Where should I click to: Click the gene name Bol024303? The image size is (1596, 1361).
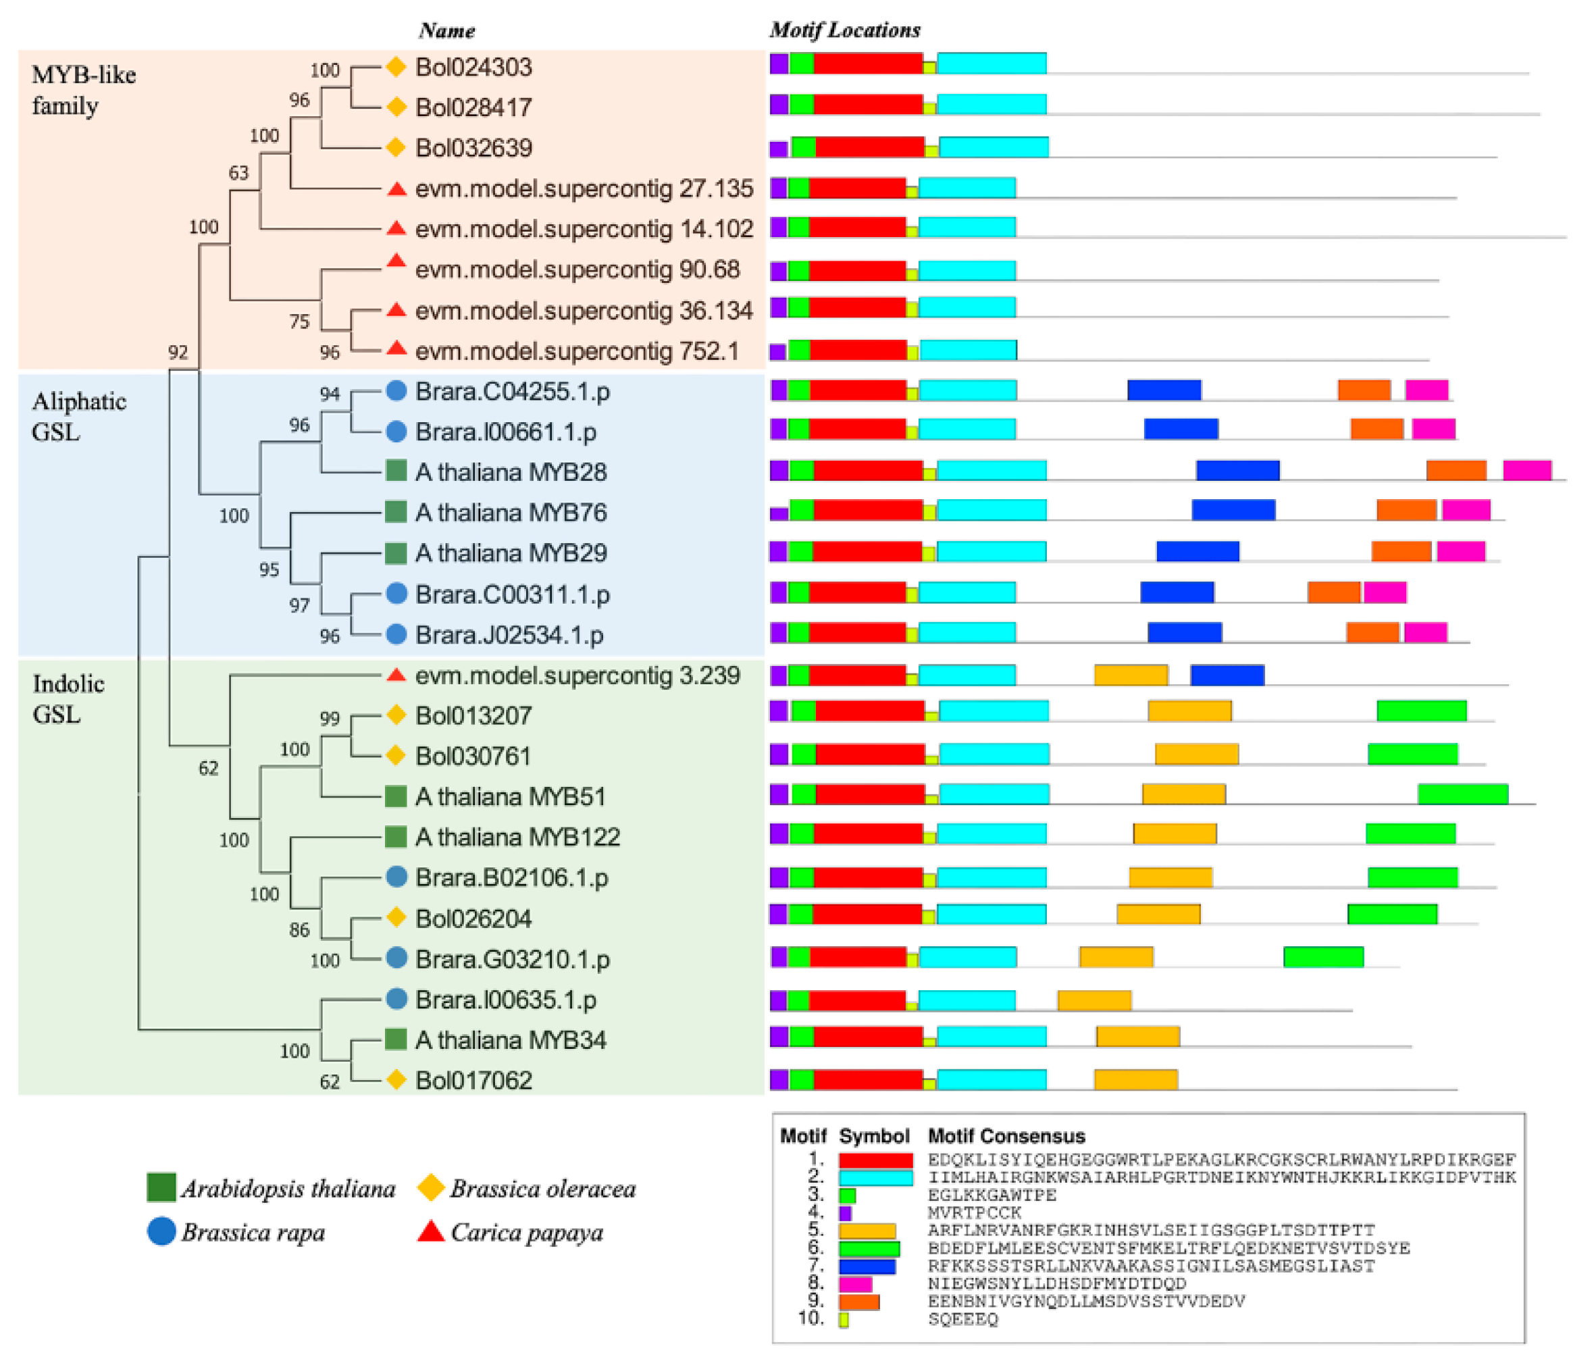pyautogui.click(x=473, y=68)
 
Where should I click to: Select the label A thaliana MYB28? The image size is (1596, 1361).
pyautogui.click(x=511, y=472)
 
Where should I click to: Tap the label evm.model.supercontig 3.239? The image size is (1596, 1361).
pyautogui.click(x=577, y=675)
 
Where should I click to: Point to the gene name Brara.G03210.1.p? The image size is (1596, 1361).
pyautogui.click(x=512, y=959)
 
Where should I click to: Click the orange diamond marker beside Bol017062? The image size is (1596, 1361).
pyautogui.click(x=396, y=1080)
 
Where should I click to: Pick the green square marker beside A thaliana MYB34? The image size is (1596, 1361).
pyautogui.click(x=396, y=1039)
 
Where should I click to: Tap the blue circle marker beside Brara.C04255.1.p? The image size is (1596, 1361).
pyautogui.click(x=396, y=391)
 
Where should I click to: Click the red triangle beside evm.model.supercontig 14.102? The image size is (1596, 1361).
pyautogui.click(x=396, y=229)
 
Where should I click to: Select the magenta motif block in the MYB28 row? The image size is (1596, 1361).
pyautogui.click(x=1526, y=470)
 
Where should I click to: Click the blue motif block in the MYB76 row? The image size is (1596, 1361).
pyautogui.click(x=1233, y=510)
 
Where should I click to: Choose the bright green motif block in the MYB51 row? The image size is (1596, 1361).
pyautogui.click(x=1463, y=794)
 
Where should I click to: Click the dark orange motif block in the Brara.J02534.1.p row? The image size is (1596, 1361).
pyautogui.click(x=1372, y=632)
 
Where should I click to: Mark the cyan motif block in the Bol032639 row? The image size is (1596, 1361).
pyautogui.click(x=994, y=147)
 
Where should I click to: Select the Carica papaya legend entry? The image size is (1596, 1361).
pyautogui.click(x=526, y=1233)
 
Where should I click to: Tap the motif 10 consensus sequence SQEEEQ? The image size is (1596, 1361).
pyautogui.click(x=963, y=1319)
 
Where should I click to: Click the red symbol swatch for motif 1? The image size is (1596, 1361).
pyautogui.click(x=875, y=1160)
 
